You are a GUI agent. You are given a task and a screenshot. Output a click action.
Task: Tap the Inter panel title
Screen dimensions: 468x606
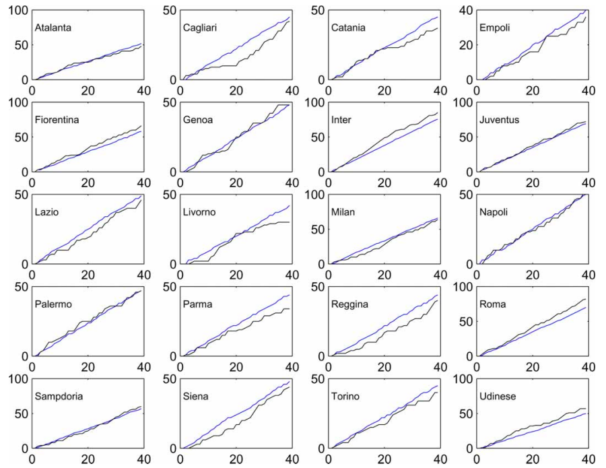[x=341, y=120]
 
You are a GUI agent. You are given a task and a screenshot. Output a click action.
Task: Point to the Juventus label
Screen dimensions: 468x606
[x=499, y=120]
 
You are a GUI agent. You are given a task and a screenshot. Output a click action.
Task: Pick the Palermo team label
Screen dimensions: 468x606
[x=53, y=304]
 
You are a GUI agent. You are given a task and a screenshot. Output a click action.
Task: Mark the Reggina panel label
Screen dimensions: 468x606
[x=349, y=304]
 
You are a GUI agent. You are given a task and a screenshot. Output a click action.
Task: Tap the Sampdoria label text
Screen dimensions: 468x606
[x=59, y=396]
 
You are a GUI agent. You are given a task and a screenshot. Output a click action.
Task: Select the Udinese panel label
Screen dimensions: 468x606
[x=498, y=396]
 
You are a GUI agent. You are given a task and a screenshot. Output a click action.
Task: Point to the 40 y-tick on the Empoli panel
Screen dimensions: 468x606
[x=464, y=11]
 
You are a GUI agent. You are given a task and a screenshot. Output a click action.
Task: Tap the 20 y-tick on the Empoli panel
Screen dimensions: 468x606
[x=464, y=45]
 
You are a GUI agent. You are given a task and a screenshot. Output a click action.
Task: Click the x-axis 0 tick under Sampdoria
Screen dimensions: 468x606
[x=32, y=461]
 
